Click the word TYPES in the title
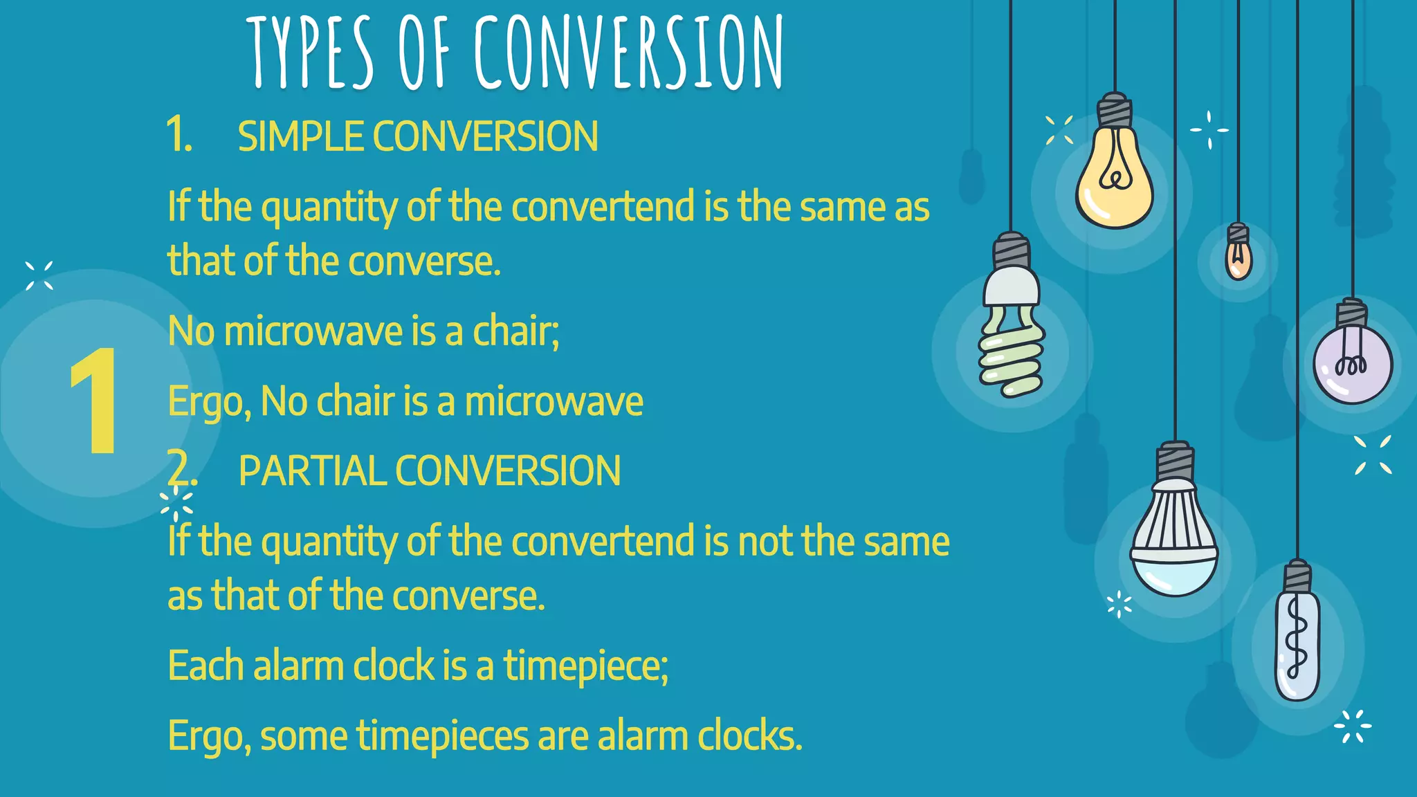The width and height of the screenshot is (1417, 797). pos(311,54)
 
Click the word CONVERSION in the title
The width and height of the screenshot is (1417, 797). pos(629,54)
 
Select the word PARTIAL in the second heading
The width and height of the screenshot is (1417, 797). pos(311,471)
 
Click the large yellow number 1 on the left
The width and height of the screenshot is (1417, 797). pos(95,401)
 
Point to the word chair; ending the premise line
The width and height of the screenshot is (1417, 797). pos(515,331)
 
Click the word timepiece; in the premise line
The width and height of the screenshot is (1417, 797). pos(585,666)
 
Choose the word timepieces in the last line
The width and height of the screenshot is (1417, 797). pos(443,735)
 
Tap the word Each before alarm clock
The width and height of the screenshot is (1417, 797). pos(206,666)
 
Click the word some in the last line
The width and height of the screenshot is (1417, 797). pos(304,737)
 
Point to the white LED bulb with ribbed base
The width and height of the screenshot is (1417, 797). pos(1174,540)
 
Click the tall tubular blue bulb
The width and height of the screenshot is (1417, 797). pos(1297,643)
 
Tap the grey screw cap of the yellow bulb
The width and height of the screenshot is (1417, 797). pos(1115,110)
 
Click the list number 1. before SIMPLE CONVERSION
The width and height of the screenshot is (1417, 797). pos(179,135)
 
